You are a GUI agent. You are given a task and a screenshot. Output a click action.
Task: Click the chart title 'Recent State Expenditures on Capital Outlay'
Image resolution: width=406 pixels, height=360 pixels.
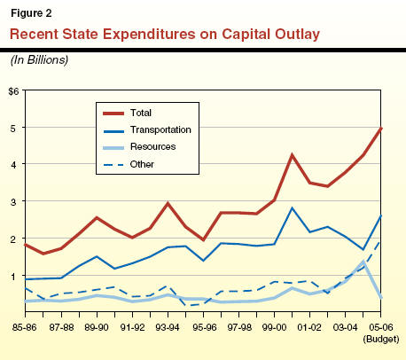(165, 35)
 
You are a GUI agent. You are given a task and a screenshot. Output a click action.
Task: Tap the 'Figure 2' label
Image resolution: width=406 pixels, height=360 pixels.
(31, 13)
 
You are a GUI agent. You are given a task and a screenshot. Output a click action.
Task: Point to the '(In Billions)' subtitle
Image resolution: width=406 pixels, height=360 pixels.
(39, 60)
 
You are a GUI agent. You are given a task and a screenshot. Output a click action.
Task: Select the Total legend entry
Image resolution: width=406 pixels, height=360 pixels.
(127, 113)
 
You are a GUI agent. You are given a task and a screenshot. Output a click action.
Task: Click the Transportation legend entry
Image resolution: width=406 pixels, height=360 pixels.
(147, 130)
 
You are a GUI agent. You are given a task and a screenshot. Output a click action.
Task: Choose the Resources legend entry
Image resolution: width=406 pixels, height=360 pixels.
(139, 147)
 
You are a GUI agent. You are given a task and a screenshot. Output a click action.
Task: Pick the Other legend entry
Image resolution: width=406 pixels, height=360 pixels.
(129, 164)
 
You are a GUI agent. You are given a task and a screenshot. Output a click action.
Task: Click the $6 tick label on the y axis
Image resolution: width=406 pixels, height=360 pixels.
(13, 91)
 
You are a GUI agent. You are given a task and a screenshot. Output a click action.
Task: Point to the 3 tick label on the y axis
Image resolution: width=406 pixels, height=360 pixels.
(13, 202)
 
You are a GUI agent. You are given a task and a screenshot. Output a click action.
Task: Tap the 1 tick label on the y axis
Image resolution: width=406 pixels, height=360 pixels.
(13, 277)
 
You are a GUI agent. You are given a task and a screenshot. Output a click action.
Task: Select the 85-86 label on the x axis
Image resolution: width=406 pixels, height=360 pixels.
(25, 327)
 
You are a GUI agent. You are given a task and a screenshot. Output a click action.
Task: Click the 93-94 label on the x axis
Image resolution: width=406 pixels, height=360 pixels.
(168, 327)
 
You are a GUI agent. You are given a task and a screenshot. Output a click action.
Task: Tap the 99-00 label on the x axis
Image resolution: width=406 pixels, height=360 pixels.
(274, 327)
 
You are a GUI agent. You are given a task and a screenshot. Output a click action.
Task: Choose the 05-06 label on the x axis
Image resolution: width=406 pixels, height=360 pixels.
(381, 327)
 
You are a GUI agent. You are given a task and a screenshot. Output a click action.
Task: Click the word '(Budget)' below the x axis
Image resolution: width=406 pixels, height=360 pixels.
(381, 339)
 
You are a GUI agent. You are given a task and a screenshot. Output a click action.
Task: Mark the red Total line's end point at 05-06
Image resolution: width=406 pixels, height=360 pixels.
(380, 129)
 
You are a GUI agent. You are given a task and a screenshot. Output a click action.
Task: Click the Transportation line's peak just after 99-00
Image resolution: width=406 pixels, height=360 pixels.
(292, 207)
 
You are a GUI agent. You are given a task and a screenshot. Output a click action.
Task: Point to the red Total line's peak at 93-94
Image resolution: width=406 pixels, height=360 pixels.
(168, 203)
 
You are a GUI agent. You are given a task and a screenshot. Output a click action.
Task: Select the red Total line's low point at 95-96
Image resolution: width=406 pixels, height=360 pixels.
(203, 239)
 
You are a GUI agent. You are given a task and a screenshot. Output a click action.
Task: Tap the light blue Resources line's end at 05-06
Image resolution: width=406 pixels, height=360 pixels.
(380, 297)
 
